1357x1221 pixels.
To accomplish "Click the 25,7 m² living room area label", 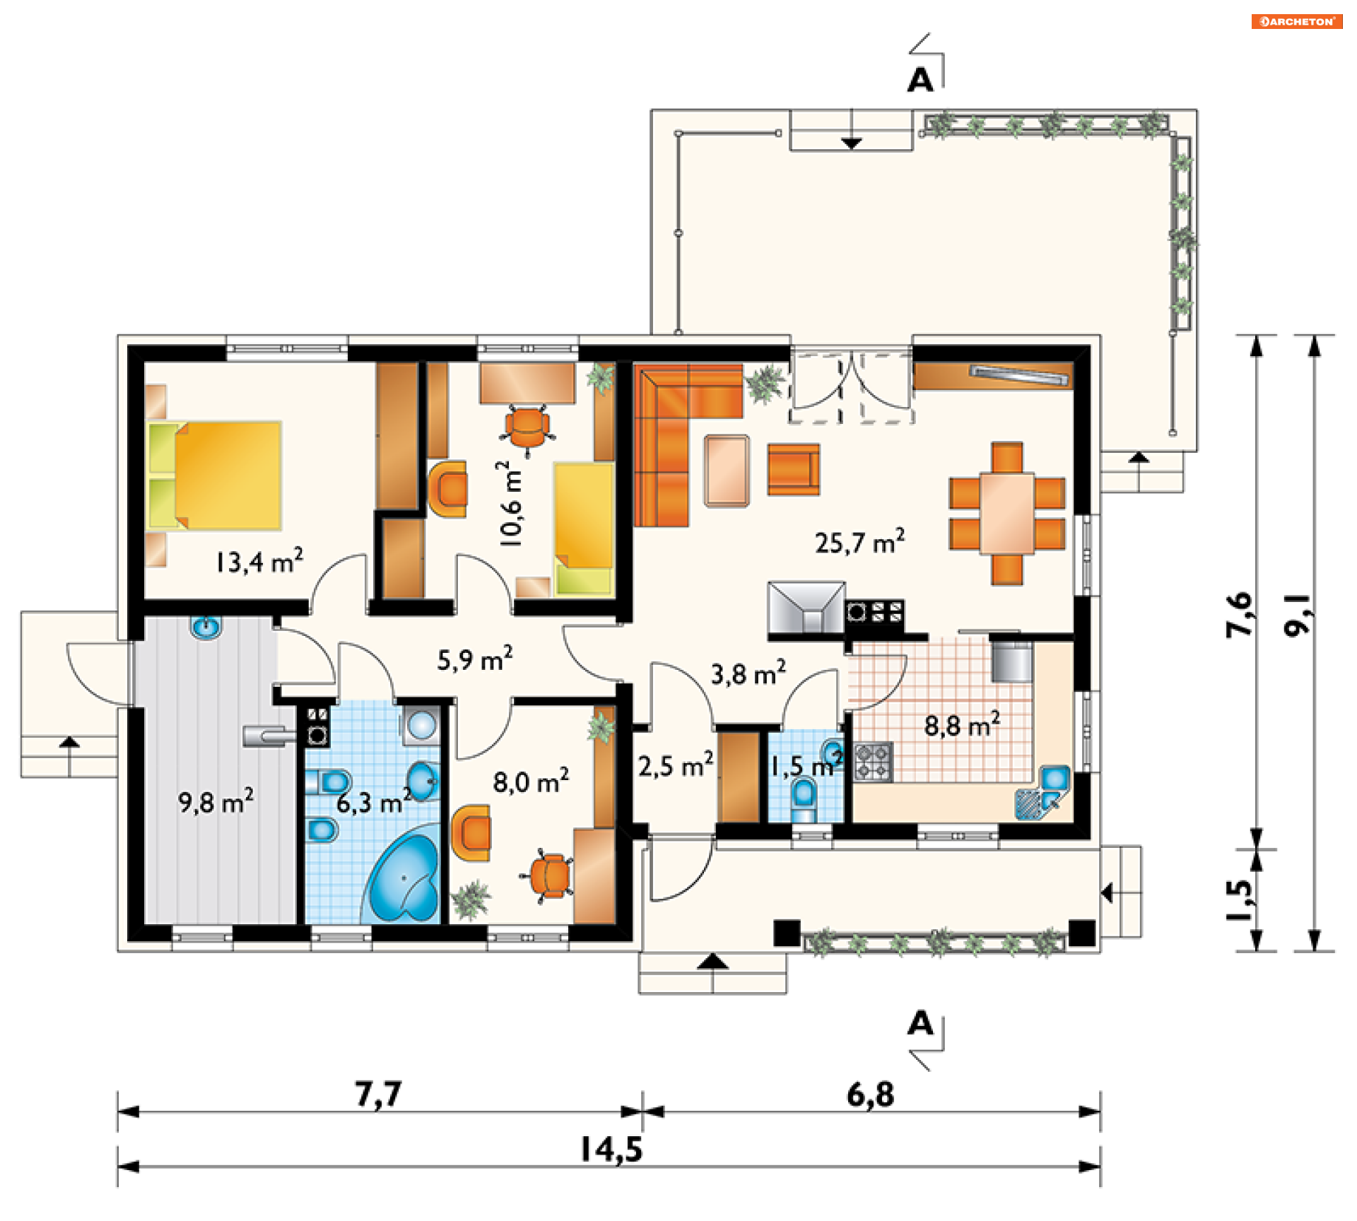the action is coord(859,542).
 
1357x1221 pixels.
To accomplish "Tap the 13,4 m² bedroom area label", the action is coord(259,561).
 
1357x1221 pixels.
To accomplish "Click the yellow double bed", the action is coord(215,476).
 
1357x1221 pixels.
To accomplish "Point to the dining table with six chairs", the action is coord(1007,514).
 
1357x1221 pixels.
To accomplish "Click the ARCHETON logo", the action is coord(1297,21).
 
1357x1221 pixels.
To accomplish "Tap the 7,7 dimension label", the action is coord(378,1094).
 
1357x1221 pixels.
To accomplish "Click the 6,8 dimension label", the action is coord(870,1094).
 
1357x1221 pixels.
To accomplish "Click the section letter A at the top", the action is coord(920,81).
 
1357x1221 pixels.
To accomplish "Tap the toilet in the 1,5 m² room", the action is coord(804,801).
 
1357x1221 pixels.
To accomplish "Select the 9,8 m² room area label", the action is coord(216,802).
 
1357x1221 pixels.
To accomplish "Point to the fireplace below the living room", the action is coord(806,607).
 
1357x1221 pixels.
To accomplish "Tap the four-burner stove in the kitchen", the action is coord(874,762).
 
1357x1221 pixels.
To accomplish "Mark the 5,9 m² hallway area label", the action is coord(475,659).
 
